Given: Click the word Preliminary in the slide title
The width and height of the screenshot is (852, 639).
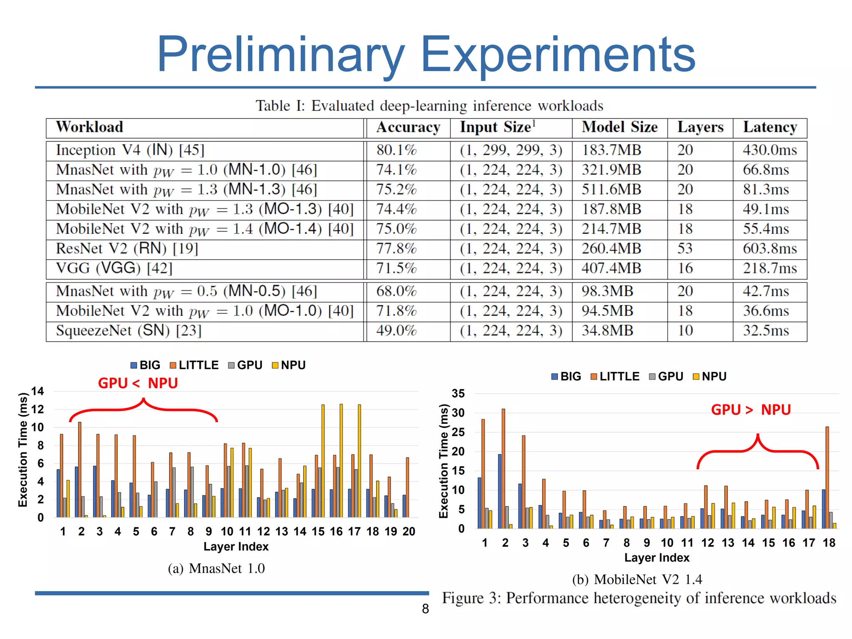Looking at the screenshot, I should click(x=280, y=55).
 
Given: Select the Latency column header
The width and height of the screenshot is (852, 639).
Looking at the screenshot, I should click(x=770, y=127).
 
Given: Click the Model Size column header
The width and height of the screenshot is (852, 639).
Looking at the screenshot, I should click(x=619, y=127).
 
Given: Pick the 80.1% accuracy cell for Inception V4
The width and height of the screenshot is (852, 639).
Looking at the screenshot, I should click(x=396, y=150).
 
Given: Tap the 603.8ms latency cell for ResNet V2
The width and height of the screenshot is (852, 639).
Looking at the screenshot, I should click(x=770, y=249).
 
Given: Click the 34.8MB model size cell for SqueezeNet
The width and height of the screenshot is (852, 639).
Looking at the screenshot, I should click(x=607, y=331).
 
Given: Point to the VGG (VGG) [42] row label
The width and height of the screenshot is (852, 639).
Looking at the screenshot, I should click(x=114, y=268).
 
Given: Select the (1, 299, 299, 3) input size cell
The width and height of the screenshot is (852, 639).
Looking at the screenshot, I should click(x=511, y=150).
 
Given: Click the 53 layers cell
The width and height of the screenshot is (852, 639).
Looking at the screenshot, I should click(x=685, y=249).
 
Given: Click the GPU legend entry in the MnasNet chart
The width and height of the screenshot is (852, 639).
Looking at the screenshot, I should click(x=245, y=365).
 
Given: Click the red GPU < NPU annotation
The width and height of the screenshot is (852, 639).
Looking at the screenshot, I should click(x=138, y=383).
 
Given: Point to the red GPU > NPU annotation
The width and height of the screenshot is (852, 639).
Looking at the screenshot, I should click(x=750, y=410).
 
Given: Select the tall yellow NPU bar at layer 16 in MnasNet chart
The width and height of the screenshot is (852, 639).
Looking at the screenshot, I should click(x=341, y=460).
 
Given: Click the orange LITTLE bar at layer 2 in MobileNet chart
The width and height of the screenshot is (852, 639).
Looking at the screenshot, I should click(x=503, y=468).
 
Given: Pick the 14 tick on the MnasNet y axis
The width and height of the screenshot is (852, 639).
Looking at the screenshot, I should click(x=37, y=391).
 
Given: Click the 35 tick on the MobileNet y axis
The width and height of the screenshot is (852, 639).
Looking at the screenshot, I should click(x=458, y=394).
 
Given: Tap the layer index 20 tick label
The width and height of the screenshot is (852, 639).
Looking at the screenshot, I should click(x=409, y=532).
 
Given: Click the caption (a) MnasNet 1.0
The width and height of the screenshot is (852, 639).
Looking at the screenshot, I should click(x=216, y=568).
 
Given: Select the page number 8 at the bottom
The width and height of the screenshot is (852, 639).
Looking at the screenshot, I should click(x=425, y=609).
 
